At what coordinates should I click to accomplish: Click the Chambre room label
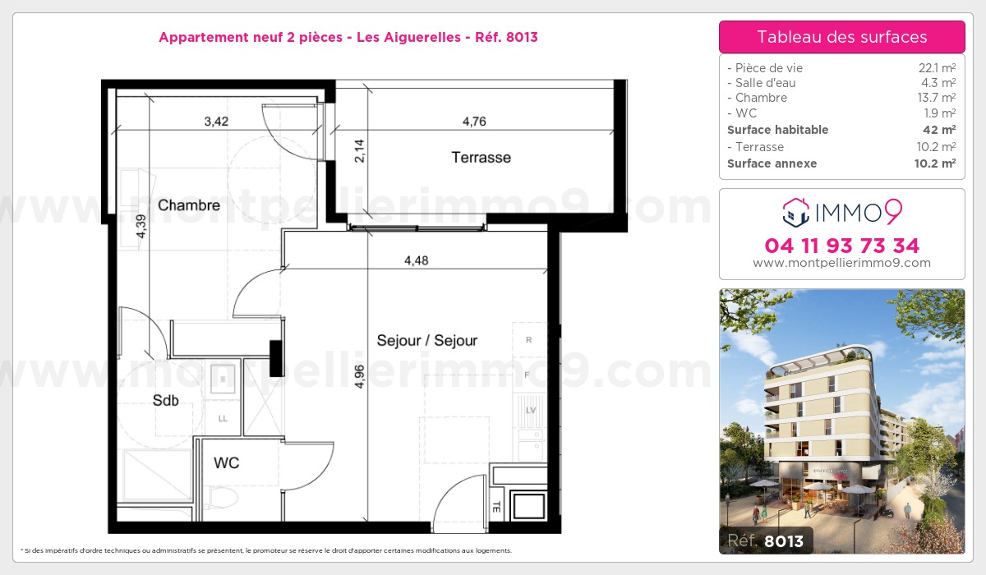(189, 205)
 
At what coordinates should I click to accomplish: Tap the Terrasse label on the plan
(481, 157)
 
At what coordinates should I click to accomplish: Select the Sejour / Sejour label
(426, 340)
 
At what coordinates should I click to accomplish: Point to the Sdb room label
(165, 401)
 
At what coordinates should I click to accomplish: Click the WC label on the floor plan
(226, 463)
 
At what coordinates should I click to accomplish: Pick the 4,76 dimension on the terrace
(474, 122)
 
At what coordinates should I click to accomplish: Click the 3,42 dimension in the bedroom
(216, 122)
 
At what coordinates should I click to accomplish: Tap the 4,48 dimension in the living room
(417, 261)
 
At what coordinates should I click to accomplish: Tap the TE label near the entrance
(496, 506)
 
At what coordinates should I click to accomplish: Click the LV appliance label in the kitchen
(530, 409)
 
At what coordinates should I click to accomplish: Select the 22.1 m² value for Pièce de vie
(937, 68)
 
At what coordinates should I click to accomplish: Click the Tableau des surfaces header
(841, 37)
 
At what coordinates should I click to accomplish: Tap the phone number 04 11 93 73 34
(841, 246)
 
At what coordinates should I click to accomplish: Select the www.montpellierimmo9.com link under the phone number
(841, 264)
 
